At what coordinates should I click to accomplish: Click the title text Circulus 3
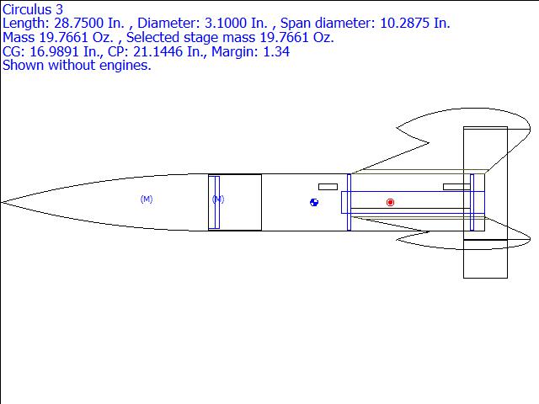(x=33, y=9)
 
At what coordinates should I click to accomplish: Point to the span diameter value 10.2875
(x=404, y=24)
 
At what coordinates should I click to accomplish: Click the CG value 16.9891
(x=54, y=51)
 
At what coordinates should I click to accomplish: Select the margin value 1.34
(x=276, y=51)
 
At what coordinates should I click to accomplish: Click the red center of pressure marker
(x=390, y=202)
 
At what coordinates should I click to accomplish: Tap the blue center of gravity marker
(x=314, y=202)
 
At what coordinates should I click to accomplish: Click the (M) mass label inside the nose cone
(x=147, y=199)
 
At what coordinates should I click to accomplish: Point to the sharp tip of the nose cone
(x=1, y=203)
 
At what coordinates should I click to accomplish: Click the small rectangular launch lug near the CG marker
(x=328, y=187)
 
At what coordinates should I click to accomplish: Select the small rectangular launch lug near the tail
(x=456, y=187)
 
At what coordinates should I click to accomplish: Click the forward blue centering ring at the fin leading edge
(x=349, y=202)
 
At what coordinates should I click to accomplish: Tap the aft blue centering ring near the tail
(x=472, y=202)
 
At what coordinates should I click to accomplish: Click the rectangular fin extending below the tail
(x=485, y=258)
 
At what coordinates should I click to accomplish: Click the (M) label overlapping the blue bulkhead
(x=218, y=199)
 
